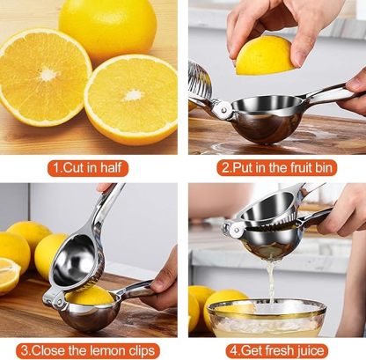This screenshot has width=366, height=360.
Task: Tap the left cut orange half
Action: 42,77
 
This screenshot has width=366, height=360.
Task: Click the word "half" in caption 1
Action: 117,166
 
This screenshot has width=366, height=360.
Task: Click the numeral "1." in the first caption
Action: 58,166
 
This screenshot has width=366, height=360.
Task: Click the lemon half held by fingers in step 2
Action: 264,55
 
